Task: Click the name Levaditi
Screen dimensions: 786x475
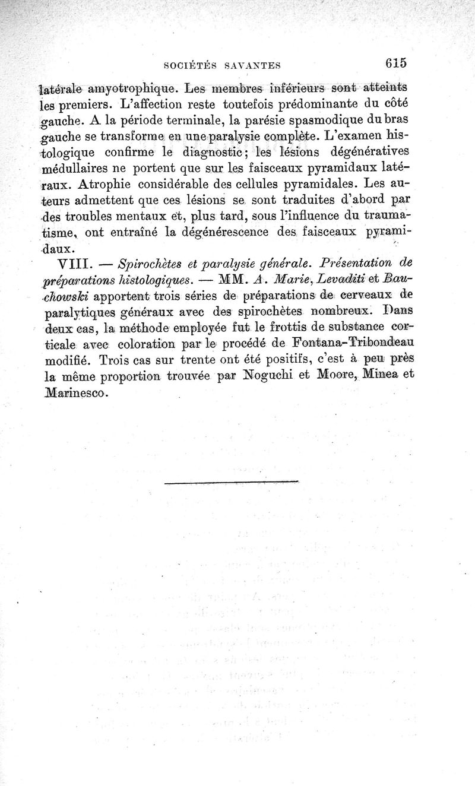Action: [337, 279]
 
